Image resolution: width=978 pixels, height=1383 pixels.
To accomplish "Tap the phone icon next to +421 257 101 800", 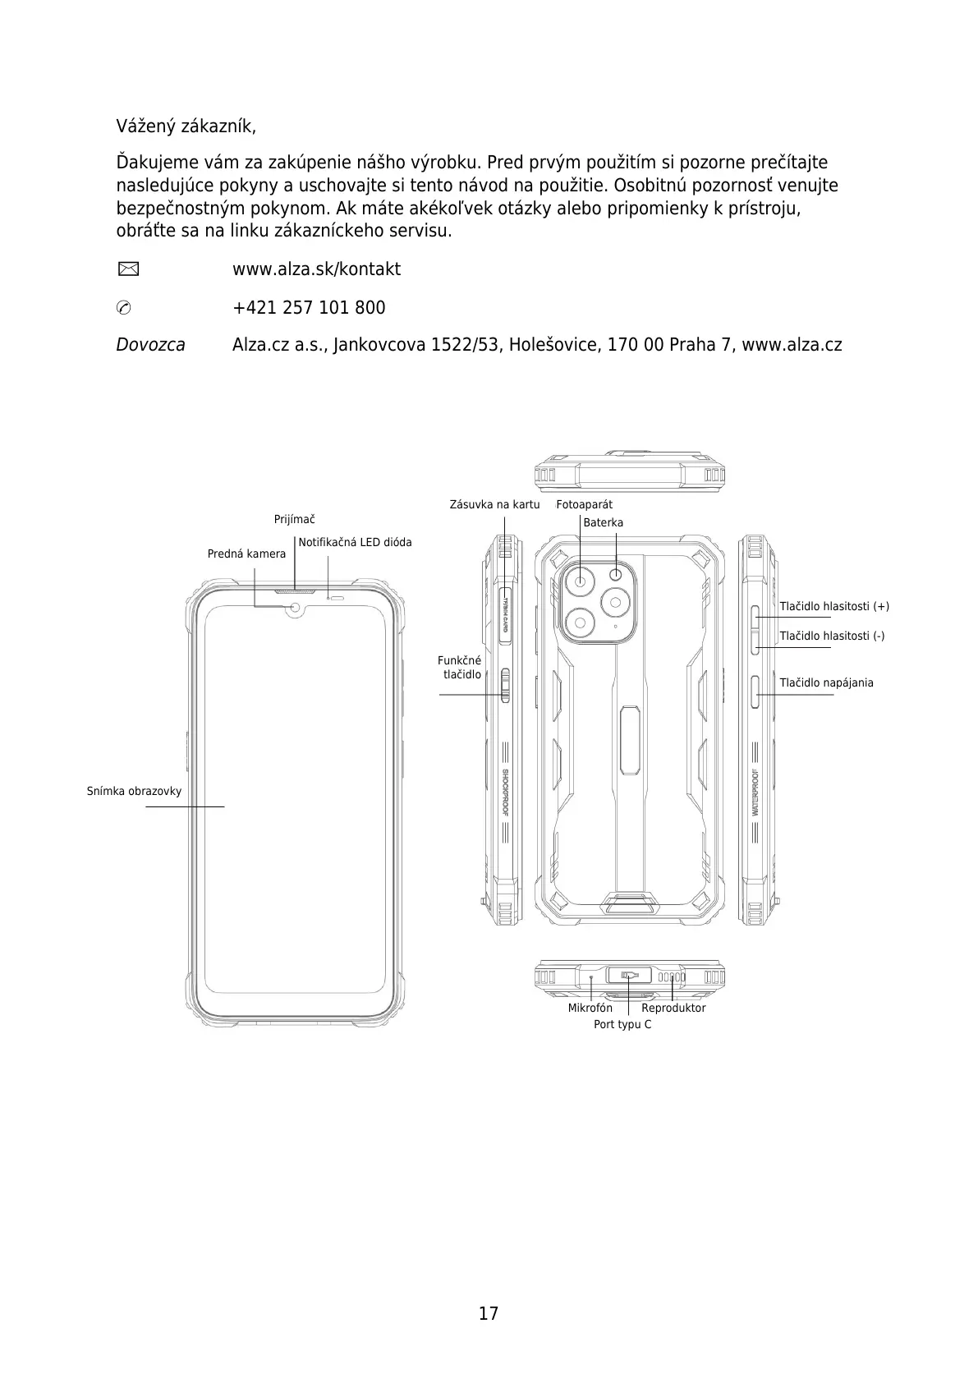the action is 125,308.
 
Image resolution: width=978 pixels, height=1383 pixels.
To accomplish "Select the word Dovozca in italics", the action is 150,345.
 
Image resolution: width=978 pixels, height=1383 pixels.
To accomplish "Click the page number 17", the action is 489,1313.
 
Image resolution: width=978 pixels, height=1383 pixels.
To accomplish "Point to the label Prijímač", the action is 294,519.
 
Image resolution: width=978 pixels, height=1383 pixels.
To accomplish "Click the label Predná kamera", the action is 246,554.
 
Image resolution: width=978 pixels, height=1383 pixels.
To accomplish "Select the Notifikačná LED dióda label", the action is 355,542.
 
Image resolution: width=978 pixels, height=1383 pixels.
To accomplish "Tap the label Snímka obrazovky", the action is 134,791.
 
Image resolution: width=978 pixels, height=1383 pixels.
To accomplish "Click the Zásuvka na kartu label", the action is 494,504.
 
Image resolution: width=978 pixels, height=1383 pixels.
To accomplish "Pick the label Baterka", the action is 603,522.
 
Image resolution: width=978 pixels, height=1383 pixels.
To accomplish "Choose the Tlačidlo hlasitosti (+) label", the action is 834,606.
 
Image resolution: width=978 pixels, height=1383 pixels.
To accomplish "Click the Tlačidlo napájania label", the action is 826,682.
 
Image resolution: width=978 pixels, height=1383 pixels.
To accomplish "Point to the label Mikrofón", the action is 590,1008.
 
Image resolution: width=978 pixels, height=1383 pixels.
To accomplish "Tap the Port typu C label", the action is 622,1024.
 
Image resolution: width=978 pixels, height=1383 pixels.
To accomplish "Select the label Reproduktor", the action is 673,1008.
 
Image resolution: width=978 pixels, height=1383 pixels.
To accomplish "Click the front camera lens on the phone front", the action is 296,608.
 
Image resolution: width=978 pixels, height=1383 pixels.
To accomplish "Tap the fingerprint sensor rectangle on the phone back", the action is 629,739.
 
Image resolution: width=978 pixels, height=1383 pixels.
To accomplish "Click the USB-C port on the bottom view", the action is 629,975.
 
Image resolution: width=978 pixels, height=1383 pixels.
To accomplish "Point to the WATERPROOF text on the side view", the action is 755,792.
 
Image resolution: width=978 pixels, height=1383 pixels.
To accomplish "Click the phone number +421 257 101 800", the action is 309,308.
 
